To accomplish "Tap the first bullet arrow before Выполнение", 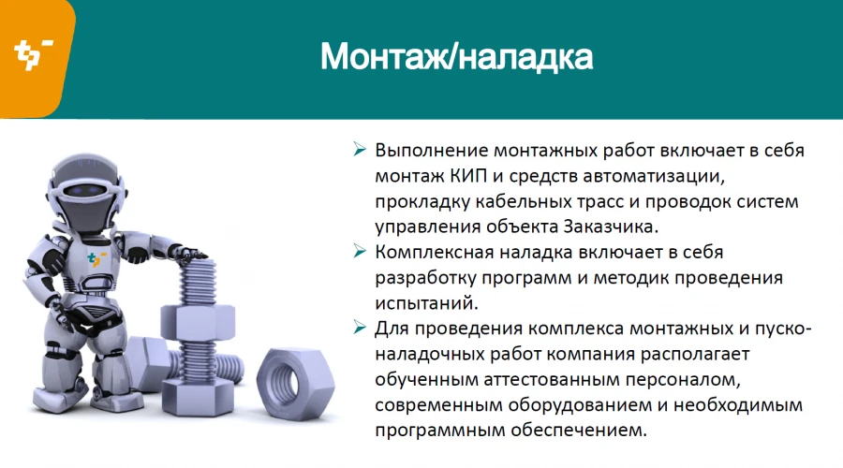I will pyautogui.click(x=359, y=151).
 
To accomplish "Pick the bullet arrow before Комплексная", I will pyautogui.click(x=359, y=252).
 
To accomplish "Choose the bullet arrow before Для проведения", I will pyautogui.click(x=359, y=329).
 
